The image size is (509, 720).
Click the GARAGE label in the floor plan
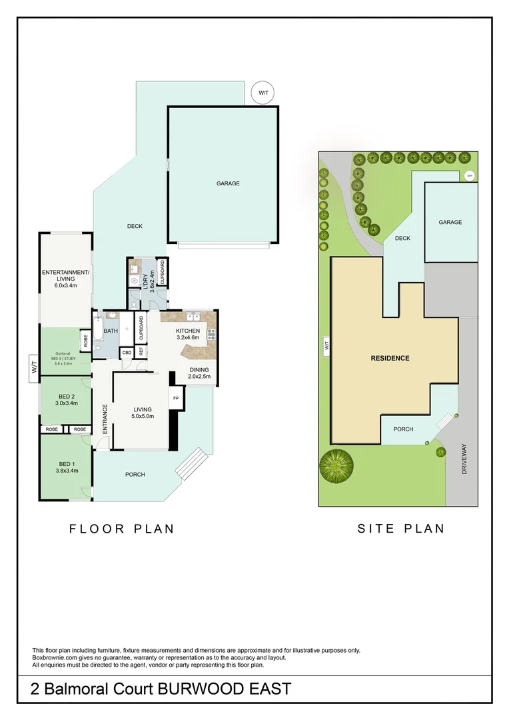227,183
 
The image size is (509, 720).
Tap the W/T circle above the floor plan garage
263,93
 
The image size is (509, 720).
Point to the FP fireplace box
176,398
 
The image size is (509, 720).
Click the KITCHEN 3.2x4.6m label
187,335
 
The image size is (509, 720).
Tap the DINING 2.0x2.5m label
199,373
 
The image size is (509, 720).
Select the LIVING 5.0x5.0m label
143,413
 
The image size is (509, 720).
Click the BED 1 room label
65,467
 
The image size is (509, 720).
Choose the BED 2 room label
65,399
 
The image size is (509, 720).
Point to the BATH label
111,330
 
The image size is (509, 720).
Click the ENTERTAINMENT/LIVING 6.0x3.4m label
65,279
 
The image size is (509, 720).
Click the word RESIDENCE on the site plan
390,358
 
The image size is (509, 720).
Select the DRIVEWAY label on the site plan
464,460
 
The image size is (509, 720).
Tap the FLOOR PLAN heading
122,529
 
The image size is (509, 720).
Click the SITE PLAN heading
400,529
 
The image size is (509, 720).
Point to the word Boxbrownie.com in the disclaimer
53,658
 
